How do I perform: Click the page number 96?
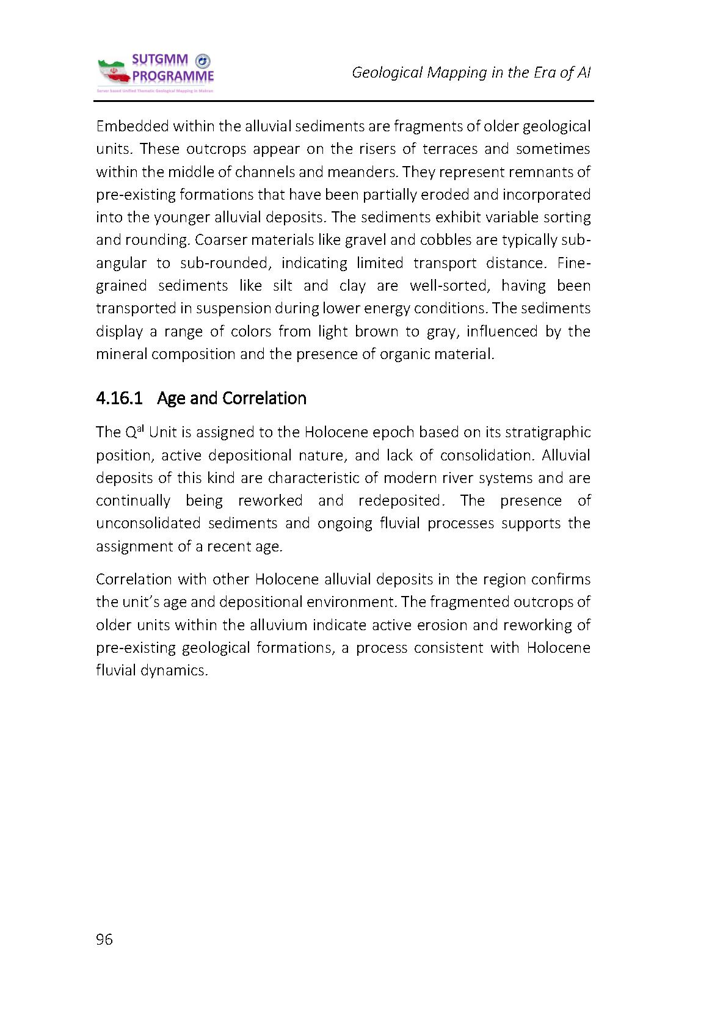tap(104, 939)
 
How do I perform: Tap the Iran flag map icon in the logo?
tap(114, 73)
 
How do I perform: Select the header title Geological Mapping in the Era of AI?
tap(471, 73)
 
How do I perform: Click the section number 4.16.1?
tap(119, 398)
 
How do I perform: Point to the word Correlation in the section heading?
tap(264, 398)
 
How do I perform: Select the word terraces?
tap(449, 149)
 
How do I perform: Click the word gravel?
tap(366, 239)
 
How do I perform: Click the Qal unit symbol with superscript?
tap(134, 432)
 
